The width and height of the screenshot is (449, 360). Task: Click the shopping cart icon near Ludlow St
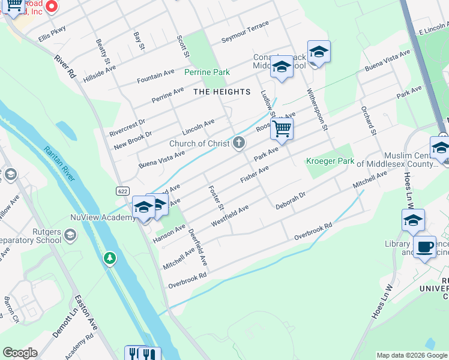(x=282, y=128)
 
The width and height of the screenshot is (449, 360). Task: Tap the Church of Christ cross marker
(x=239, y=143)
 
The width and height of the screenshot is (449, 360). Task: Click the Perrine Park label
(x=207, y=72)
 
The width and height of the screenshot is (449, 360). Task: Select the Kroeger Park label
(x=330, y=161)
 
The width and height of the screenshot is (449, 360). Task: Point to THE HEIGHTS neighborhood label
(x=221, y=92)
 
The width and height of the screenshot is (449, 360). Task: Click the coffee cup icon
(x=424, y=247)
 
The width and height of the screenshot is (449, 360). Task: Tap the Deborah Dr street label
(x=291, y=200)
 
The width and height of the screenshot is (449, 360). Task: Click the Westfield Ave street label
(x=230, y=216)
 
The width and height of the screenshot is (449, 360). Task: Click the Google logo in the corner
(x=20, y=353)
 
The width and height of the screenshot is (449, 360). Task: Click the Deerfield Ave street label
(x=197, y=248)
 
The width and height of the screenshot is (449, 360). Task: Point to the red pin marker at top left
(x=52, y=7)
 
